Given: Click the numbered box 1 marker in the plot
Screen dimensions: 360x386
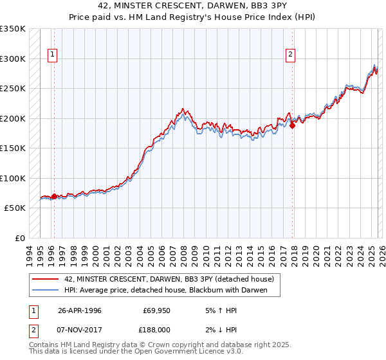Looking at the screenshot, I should click(52, 55).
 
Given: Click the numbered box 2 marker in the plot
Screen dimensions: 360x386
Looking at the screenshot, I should click(291, 55).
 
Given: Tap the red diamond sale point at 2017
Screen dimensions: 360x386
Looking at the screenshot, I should click(293, 126).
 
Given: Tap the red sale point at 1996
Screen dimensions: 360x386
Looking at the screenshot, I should click(54, 196).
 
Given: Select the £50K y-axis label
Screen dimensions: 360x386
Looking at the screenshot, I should click(14, 208).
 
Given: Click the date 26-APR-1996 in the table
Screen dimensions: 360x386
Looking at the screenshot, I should click(79, 310).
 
